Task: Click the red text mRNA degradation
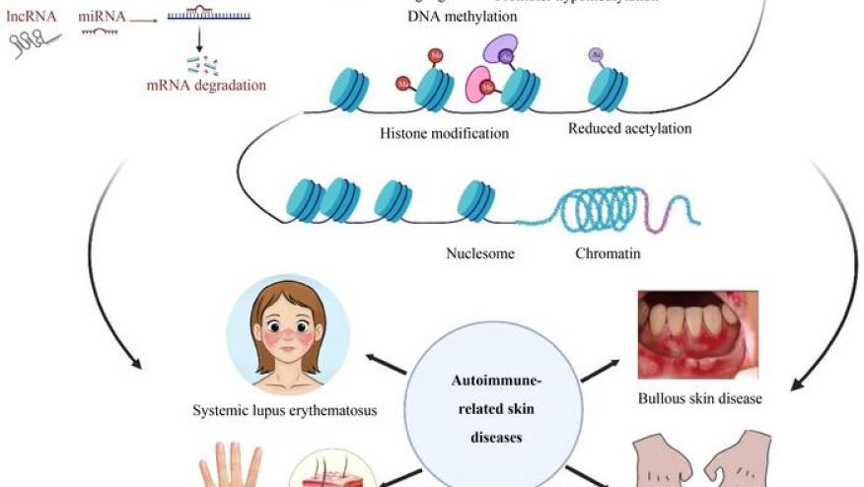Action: tap(205, 85)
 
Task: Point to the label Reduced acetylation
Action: tap(629, 128)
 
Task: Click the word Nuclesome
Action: tap(480, 253)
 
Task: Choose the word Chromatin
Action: tap(608, 253)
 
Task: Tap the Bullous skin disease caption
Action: tap(699, 399)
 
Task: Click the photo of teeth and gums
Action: tap(698, 336)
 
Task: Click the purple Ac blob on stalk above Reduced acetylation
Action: tap(596, 55)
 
